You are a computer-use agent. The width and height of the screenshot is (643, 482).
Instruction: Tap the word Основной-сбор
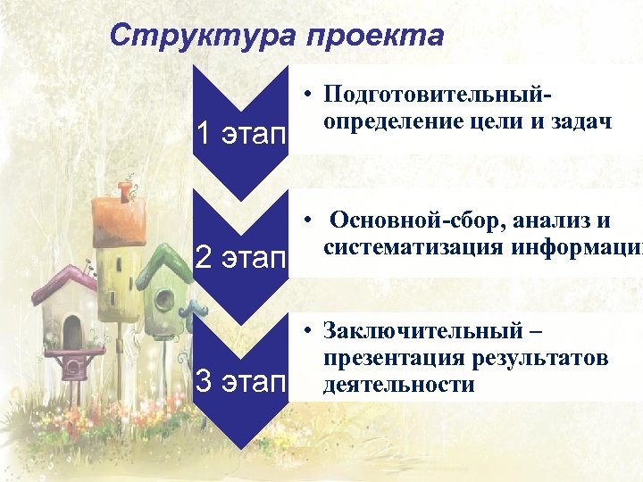[x=410, y=220]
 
